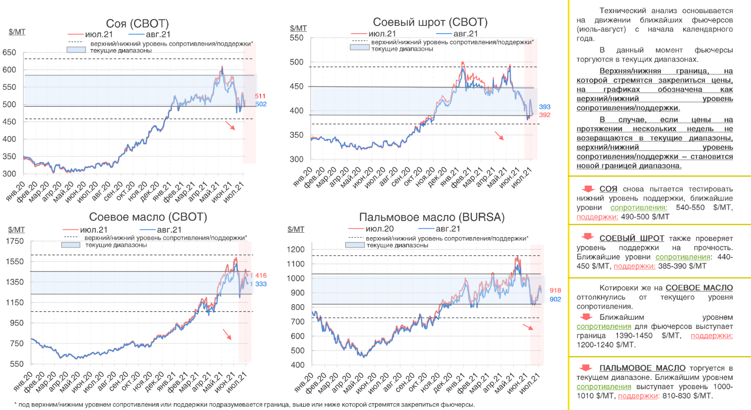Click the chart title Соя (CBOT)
(x=137, y=24)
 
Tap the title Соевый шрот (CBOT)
(x=430, y=22)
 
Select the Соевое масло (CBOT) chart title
(x=148, y=217)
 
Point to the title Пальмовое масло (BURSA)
(x=432, y=217)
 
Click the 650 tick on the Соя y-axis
(x=9, y=52)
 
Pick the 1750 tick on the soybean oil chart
(x=15, y=241)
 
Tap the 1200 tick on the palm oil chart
(x=296, y=250)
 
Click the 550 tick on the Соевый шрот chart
(x=296, y=38)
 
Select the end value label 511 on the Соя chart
(x=260, y=96)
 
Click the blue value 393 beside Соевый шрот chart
(x=545, y=107)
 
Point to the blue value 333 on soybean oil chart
(x=261, y=284)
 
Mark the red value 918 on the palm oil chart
(x=555, y=290)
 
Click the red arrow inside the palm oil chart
(x=528, y=326)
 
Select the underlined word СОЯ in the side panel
(x=608, y=189)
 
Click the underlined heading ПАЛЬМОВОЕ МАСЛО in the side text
(x=642, y=368)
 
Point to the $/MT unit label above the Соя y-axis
(x=17, y=32)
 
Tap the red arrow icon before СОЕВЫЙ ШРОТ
(x=587, y=237)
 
